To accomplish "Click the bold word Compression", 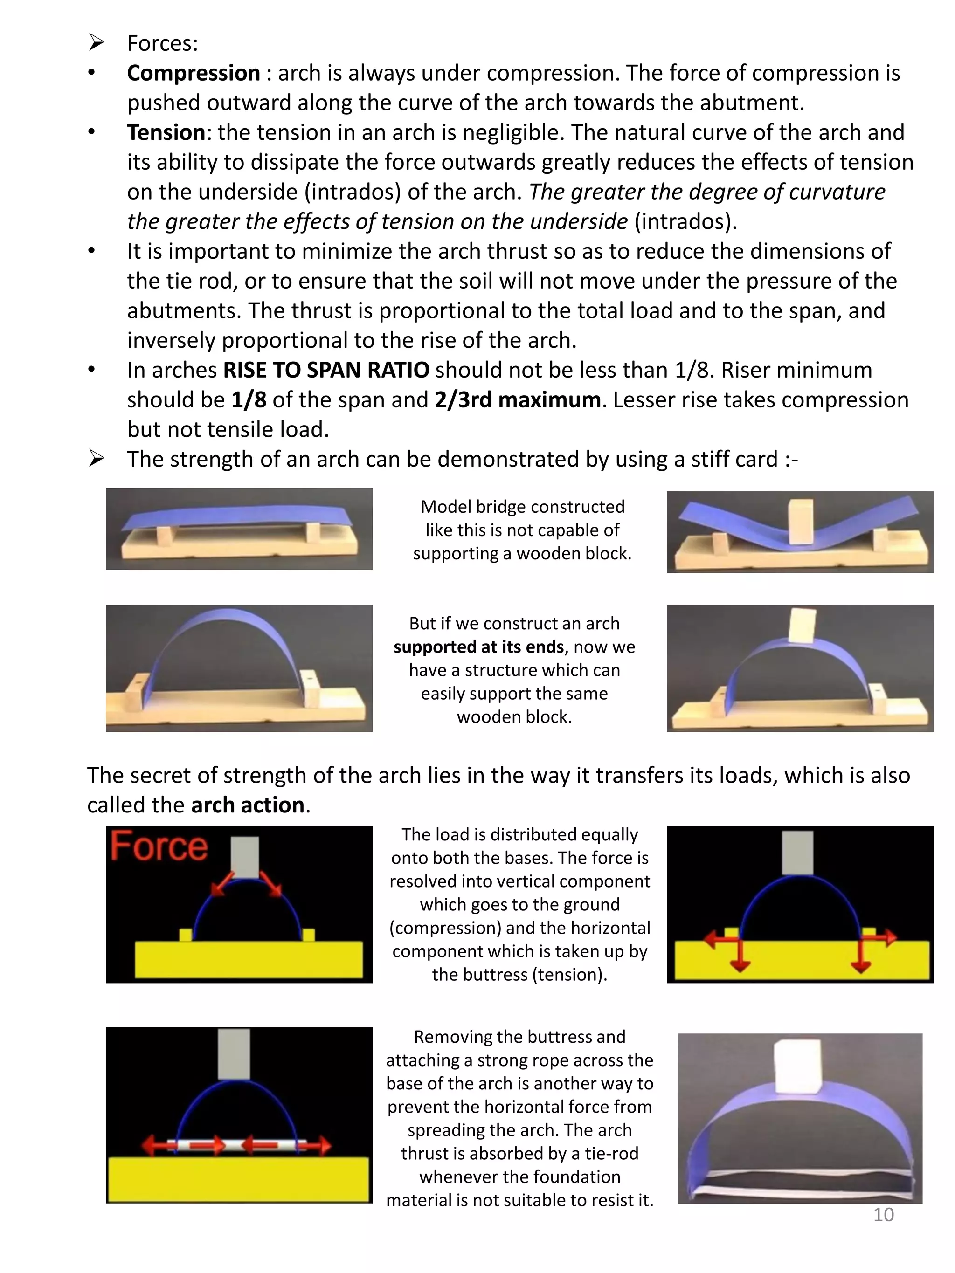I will click(x=194, y=73).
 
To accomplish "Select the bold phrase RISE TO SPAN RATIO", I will click(x=326, y=370).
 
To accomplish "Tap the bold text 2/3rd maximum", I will click(x=518, y=399).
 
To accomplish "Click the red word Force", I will click(x=159, y=846).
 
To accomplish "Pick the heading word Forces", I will click(x=162, y=43).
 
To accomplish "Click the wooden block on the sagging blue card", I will click(x=800, y=522).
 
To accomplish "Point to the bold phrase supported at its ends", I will click(x=478, y=647).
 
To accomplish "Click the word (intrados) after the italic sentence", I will click(x=685, y=221).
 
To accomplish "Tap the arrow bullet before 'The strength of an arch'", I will click(x=96, y=459).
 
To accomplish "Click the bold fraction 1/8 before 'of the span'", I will click(x=249, y=399).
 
